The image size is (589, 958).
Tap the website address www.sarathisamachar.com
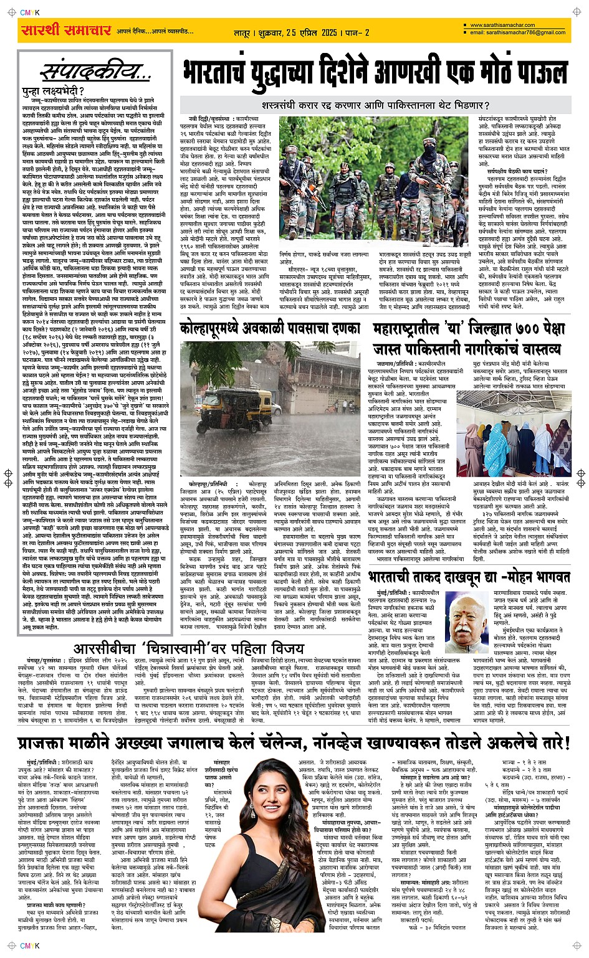(x=502, y=26)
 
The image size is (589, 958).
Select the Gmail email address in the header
(x=517, y=32)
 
